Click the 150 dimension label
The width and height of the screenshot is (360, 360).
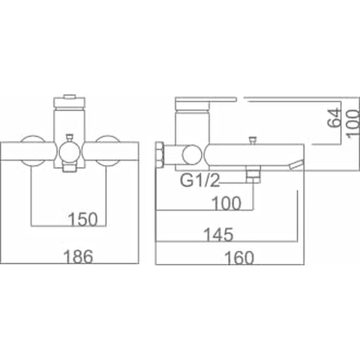(x=83, y=219)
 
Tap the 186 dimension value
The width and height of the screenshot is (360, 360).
(x=78, y=257)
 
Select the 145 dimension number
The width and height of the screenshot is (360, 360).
(x=219, y=235)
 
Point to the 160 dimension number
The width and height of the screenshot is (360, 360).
(x=239, y=258)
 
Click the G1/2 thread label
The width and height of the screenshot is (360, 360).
(x=200, y=180)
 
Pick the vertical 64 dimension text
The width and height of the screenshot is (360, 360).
(x=334, y=118)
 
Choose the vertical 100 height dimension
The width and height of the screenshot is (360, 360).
(x=354, y=124)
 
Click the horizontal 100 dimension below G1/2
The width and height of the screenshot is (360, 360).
(x=226, y=203)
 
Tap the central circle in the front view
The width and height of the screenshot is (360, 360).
(x=69, y=152)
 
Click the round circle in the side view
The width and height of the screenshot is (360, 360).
(x=192, y=155)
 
